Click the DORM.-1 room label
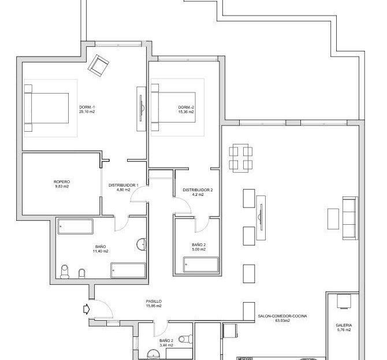click(87, 107)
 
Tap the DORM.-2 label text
click(186, 107)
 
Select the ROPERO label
click(62, 182)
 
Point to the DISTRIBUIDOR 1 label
click(124, 185)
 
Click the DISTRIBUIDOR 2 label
click(198, 190)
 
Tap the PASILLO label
click(154, 301)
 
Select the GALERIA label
click(344, 325)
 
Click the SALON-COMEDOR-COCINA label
click(282, 316)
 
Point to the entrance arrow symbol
click(87, 309)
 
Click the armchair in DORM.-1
click(99, 65)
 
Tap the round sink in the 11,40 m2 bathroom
click(142, 244)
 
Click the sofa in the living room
click(350, 218)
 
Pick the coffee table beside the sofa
click(333, 219)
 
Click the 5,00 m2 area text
click(199, 250)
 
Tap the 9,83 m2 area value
click(62, 187)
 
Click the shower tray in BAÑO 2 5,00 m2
click(201, 265)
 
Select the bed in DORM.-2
click(173, 107)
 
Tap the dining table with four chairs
click(241, 158)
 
